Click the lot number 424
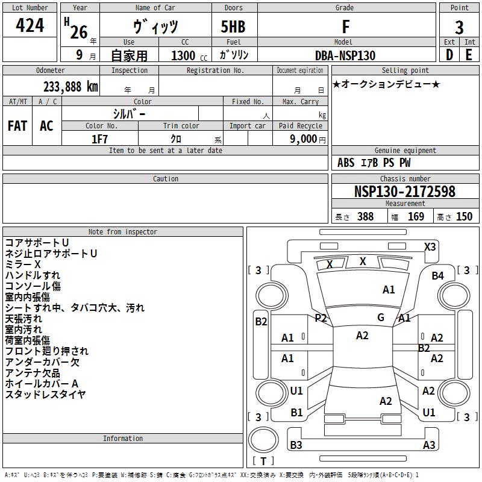(30, 25)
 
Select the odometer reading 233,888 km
(70, 87)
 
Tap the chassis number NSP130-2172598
(404, 192)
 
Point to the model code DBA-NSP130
(345, 55)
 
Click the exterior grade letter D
(449, 55)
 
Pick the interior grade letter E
(469, 55)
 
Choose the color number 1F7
(99, 139)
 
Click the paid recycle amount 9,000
(303, 139)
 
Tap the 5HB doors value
(233, 27)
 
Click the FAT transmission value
(17, 126)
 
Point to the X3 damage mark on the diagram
(430, 247)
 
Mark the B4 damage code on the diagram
(438, 276)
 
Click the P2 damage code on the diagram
(321, 318)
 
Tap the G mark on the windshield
(381, 318)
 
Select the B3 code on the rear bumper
(296, 445)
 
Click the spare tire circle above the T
(263, 440)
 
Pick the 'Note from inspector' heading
(123, 232)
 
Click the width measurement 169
(416, 216)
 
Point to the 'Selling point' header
(405, 70)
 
